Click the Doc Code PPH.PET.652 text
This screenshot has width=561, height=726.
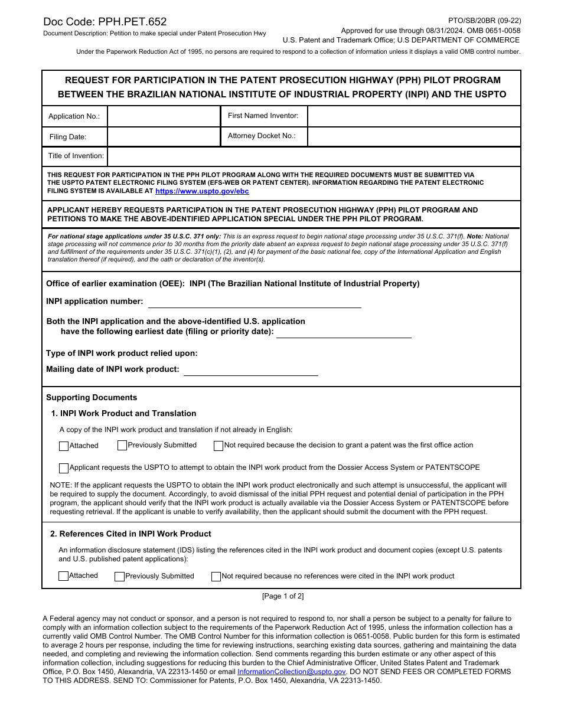coord(105,22)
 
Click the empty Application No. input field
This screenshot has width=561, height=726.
coord(163,116)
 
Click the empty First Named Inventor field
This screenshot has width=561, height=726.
coord(413,116)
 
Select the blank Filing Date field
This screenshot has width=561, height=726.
coord(163,136)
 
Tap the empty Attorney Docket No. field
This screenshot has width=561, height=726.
coord(413,136)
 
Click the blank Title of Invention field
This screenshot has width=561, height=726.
coord(313,156)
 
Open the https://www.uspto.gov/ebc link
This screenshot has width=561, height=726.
coord(202,191)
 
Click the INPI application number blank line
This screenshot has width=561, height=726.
coord(254,302)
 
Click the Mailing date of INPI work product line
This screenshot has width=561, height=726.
coord(250,370)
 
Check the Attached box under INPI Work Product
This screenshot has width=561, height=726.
coord(64,446)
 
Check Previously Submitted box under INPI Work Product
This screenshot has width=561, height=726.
coord(122,446)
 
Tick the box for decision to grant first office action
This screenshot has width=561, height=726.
coord(218,446)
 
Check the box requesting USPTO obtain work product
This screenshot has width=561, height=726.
coord(64,468)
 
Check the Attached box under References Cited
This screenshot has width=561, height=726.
coord(64,576)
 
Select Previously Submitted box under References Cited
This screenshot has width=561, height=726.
coord(119,577)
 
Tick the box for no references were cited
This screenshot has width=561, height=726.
coord(216,577)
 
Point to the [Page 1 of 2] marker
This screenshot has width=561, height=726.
coord(283,596)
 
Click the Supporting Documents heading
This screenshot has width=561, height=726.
coord(92,398)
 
